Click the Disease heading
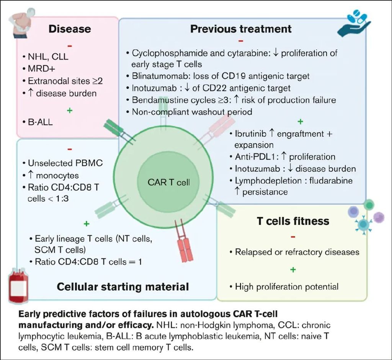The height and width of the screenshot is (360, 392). tap(70, 29)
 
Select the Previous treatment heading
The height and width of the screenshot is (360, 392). tap(241, 29)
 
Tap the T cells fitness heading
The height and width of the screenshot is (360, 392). tap(293, 221)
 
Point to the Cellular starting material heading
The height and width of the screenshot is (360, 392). tap(123, 287)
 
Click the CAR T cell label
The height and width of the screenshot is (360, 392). tap(169, 182)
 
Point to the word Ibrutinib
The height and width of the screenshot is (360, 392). tap(251, 134)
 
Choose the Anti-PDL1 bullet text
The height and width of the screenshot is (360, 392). tap(285, 157)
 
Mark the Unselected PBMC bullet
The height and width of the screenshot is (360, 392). tap(65, 163)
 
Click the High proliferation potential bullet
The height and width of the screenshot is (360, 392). tap(286, 286)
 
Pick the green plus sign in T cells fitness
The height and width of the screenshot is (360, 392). tap(293, 269)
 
